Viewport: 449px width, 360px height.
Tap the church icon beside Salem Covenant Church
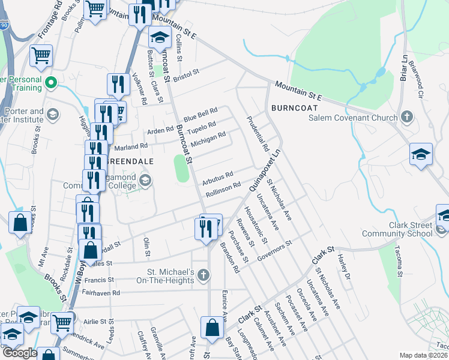coord(408,116)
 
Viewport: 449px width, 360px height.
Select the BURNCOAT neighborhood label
coord(293,108)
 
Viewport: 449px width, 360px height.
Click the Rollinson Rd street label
coord(223,190)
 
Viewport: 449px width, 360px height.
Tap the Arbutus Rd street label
coord(217,178)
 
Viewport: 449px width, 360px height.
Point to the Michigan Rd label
coord(208,140)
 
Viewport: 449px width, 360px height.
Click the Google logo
coord(20,353)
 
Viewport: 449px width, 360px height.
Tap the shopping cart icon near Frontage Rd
coord(41,56)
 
